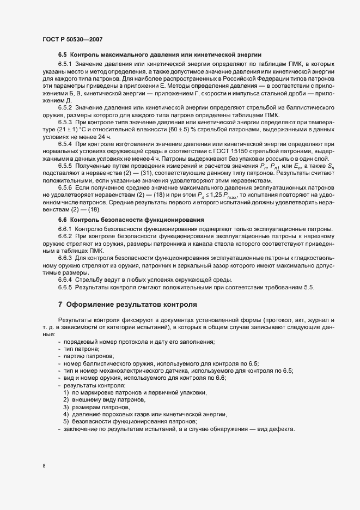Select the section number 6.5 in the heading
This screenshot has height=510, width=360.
pos(63,54)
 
